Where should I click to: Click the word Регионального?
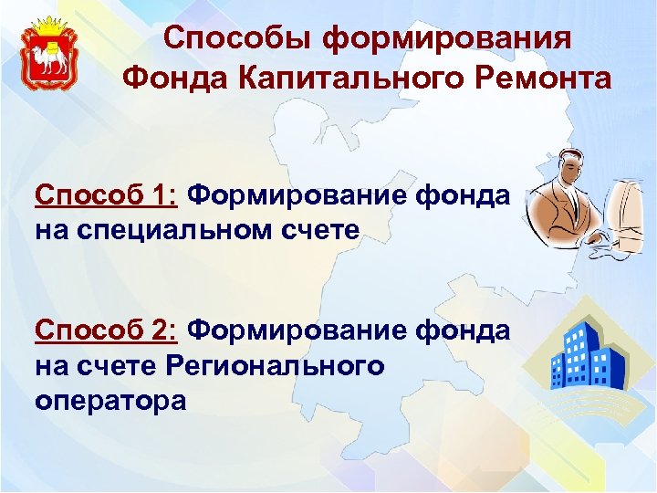(x=276, y=365)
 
